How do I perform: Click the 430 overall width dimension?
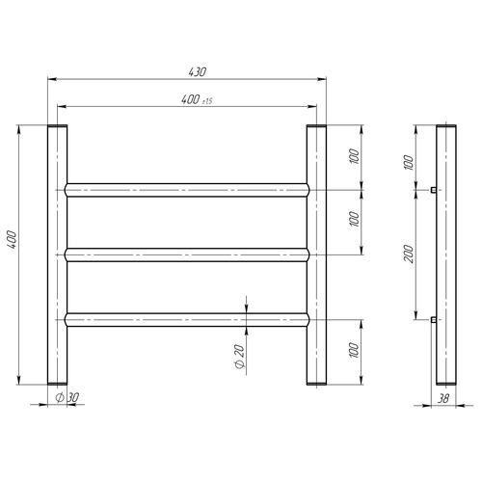(x=197, y=72)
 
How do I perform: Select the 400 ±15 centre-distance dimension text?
(x=197, y=99)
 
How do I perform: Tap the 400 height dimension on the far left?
(x=12, y=239)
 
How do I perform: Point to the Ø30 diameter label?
(x=67, y=397)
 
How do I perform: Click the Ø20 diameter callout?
(x=240, y=356)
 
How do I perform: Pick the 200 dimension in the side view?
(x=409, y=254)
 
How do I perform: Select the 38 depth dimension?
(x=443, y=398)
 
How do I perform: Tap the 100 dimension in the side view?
(x=408, y=162)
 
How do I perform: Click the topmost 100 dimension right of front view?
(x=354, y=156)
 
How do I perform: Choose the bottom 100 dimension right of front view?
(x=354, y=350)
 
